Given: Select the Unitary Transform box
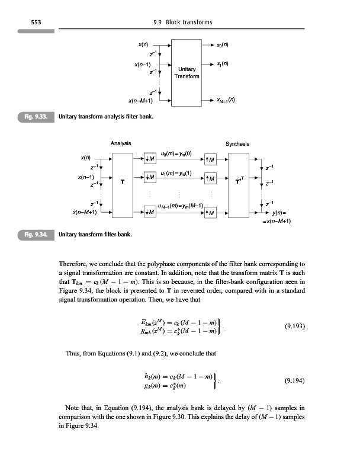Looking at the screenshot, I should (187, 72).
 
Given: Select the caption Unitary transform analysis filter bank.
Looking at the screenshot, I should (107, 117).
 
